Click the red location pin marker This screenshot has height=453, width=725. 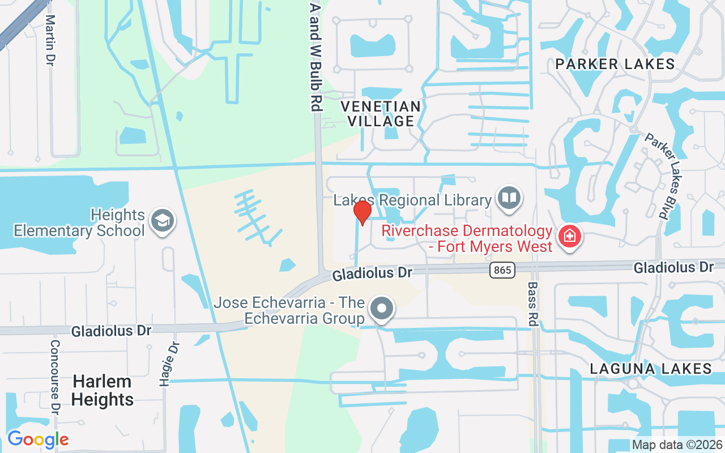click(362, 213)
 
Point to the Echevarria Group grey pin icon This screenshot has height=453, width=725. click(382, 309)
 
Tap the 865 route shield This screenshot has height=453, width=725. click(502, 271)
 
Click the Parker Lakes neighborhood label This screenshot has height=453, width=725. click(615, 64)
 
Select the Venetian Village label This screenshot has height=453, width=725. click(381, 114)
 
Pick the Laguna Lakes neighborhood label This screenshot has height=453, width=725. click(651, 369)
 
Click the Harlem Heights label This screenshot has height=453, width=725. click(103, 391)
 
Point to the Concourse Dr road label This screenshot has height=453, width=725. click(55, 376)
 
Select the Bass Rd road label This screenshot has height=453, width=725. click(532, 303)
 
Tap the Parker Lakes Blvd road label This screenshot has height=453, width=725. click(662, 176)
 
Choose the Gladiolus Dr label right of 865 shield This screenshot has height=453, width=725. click(673, 267)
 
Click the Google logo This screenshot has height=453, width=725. click(38, 439)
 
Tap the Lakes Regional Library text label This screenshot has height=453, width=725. click(412, 200)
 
